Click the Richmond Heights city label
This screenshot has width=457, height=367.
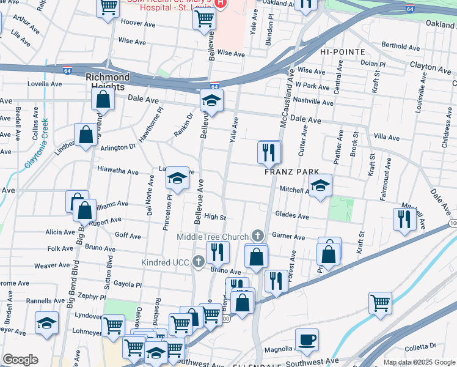pos(108,78)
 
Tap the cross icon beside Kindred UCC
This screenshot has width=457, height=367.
pos(198,262)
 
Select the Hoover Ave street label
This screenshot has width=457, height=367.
pos(139,23)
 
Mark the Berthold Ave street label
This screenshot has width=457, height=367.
pos(400,46)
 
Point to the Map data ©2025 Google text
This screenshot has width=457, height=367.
pos(419,362)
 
